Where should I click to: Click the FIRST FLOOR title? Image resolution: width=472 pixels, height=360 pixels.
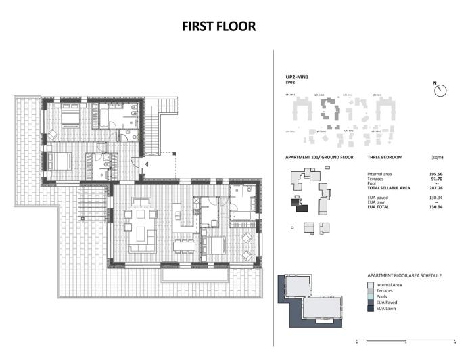tap(218, 26)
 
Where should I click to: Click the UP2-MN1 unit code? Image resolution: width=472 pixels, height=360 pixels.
tap(297, 77)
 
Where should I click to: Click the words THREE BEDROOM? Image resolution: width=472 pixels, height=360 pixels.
tap(384, 157)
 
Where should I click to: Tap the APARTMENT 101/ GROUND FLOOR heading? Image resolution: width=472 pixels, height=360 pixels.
tap(320, 157)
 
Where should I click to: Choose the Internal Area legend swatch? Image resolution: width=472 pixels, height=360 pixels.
tap(361, 285)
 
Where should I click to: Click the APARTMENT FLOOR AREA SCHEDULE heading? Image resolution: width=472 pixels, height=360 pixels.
tap(404, 276)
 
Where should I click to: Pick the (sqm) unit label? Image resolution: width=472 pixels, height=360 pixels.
tap(437, 157)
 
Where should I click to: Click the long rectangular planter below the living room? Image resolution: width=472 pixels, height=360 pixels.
tap(193, 276)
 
